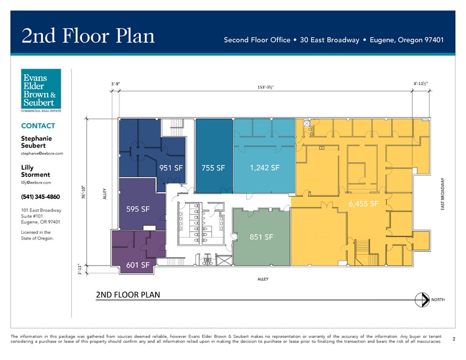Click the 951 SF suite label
tap(171, 168)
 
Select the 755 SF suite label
tap(213, 168)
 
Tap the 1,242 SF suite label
tap(265, 167)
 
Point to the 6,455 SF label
tap(363, 203)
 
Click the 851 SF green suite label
tap(261, 237)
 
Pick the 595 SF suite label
tap(138, 209)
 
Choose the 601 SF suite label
tap(138, 265)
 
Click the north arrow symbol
tap(423, 299)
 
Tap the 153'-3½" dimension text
tap(265, 88)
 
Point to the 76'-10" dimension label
tap(83, 192)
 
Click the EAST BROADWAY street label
tap(443, 195)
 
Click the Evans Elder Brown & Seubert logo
tap(41, 91)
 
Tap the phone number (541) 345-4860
tap(40, 197)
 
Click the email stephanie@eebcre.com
tap(42, 154)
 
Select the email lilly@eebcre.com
tap(36, 182)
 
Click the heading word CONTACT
tap(38, 126)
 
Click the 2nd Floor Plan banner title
tap(88, 36)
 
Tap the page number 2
tap(453, 339)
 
